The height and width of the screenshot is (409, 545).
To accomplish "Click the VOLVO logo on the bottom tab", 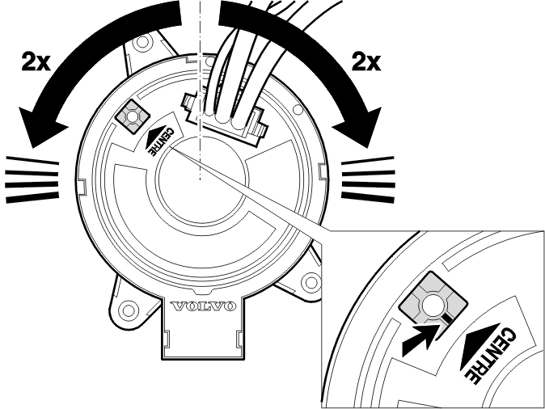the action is (203, 306).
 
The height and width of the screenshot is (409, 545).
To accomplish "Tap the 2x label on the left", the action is (36, 61).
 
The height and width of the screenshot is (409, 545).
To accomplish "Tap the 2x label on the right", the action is (366, 61).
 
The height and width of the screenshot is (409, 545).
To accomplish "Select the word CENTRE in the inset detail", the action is (491, 355).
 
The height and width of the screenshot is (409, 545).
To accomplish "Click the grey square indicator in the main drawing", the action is (132, 116).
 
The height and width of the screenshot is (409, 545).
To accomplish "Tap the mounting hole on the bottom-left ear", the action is (129, 309).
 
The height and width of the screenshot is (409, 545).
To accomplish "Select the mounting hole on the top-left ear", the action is (142, 42).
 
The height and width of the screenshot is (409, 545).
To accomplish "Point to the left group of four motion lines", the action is (32, 179).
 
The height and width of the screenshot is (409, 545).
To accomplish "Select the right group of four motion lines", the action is (368, 179).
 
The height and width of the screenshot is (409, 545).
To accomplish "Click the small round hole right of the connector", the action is (298, 110).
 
